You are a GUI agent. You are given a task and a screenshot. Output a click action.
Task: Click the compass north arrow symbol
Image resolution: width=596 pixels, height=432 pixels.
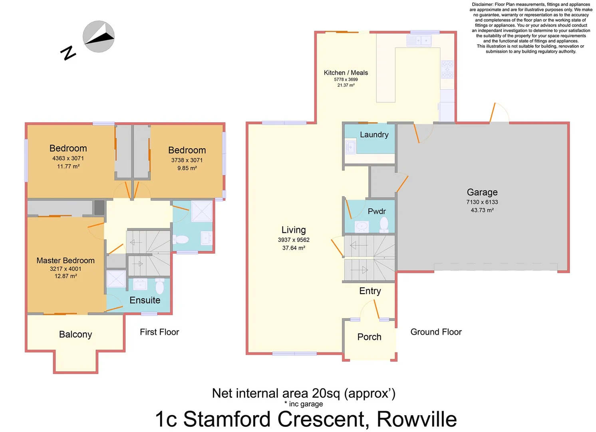[x=99, y=36]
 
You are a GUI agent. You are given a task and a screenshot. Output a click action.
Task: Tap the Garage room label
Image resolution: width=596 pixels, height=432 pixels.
[x=482, y=192]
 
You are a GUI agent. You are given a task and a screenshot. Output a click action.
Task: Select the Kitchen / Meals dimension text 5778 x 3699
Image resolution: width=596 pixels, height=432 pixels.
[x=346, y=80]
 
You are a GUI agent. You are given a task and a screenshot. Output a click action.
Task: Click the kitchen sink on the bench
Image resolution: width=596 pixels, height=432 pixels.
[x=419, y=40]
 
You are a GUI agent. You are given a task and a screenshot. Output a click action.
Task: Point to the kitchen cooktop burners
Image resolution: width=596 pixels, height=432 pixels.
[x=447, y=69]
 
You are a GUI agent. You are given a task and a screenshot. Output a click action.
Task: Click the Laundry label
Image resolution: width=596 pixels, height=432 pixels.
[x=374, y=135]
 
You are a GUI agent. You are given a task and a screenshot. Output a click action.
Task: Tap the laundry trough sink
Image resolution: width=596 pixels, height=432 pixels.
[x=350, y=147]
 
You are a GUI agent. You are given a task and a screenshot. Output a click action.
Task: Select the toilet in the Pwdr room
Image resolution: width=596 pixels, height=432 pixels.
[x=384, y=224]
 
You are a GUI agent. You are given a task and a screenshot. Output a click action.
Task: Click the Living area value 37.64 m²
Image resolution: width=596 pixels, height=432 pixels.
[x=294, y=248]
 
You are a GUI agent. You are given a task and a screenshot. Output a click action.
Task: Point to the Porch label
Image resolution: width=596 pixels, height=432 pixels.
[x=369, y=337]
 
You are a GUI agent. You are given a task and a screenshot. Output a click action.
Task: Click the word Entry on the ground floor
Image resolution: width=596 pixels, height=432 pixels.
[x=370, y=291]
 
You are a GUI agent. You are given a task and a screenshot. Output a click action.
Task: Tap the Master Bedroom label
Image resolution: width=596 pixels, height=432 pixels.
[x=66, y=260]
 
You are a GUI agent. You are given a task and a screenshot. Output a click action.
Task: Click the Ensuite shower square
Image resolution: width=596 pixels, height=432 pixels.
[x=116, y=279]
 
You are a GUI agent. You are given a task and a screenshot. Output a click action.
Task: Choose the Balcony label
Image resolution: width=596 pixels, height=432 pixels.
[x=75, y=334]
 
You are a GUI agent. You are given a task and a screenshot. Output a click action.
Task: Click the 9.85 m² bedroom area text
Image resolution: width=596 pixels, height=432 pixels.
[x=187, y=168]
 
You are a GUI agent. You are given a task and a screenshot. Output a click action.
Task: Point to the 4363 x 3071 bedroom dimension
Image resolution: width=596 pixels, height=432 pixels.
[x=68, y=158]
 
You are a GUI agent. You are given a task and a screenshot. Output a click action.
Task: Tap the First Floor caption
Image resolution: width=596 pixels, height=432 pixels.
[x=159, y=332]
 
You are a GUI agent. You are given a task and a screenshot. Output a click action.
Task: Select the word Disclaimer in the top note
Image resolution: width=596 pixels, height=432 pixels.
[x=482, y=4]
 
